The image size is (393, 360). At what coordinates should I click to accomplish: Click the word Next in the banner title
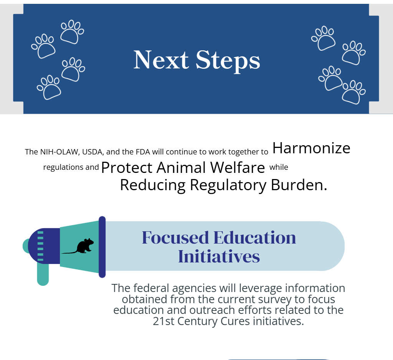click(161, 60)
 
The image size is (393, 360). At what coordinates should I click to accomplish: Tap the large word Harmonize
click(311, 148)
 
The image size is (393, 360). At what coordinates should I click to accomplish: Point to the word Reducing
click(153, 186)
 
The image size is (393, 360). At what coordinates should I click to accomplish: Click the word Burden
click(299, 185)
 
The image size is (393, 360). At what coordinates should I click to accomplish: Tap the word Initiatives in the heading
click(219, 256)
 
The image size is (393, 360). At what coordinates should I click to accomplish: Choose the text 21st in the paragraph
click(163, 321)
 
